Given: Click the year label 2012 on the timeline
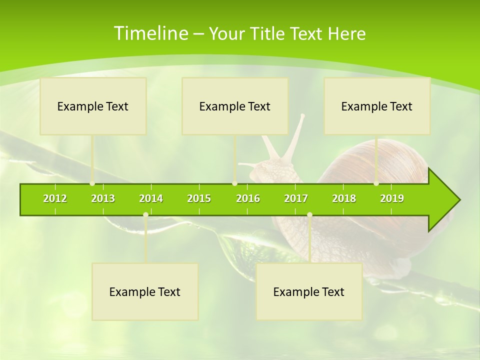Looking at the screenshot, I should pyautogui.click(x=55, y=198).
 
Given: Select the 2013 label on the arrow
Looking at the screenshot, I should pyautogui.click(x=103, y=198).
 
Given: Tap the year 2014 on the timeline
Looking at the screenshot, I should pyautogui.click(x=151, y=198).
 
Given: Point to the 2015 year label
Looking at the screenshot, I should pyautogui.click(x=199, y=198).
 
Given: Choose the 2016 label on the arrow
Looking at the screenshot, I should pyautogui.click(x=248, y=198).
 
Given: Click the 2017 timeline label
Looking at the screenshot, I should pyautogui.click(x=296, y=198).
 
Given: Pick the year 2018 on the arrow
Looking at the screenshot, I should pyautogui.click(x=344, y=198).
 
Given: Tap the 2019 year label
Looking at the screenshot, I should pyautogui.click(x=392, y=198).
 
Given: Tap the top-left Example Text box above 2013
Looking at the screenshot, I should pyautogui.click(x=93, y=106).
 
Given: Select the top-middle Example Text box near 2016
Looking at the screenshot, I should pyautogui.click(x=235, y=106).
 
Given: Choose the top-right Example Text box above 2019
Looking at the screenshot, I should pyautogui.click(x=377, y=106).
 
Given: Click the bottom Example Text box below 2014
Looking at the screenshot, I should pyautogui.click(x=145, y=291).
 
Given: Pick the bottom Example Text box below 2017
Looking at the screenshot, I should pyautogui.click(x=309, y=291).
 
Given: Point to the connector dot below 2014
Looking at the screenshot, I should pyautogui.click(x=145, y=215).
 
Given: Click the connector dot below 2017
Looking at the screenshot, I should pyautogui.click(x=309, y=215).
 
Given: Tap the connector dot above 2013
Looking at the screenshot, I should pyautogui.click(x=92, y=183).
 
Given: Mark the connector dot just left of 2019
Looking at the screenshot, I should pyautogui.click(x=376, y=183).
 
